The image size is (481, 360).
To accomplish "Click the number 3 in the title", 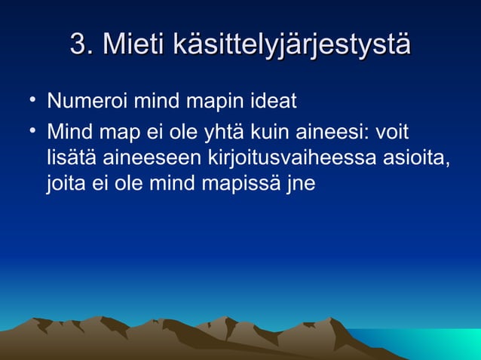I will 76,44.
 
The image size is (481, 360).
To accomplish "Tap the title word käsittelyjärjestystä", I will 291,44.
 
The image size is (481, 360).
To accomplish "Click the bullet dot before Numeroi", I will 27,98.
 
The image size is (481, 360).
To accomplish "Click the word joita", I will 66,183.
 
